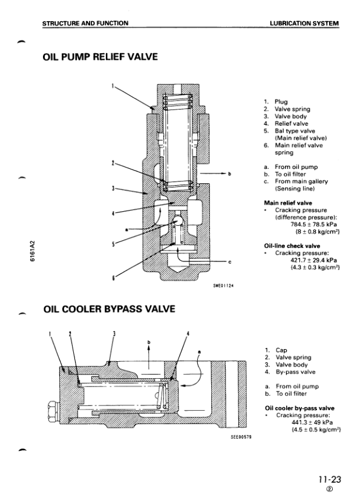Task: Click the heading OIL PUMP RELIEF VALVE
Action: (x=100, y=57)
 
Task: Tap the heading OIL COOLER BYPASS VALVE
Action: (x=110, y=309)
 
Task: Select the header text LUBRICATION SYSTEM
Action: (x=304, y=23)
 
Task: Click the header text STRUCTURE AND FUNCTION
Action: (x=85, y=23)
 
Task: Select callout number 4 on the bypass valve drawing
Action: (x=188, y=334)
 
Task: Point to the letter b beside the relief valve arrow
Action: (x=229, y=175)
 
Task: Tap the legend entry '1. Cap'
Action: (x=276, y=350)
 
